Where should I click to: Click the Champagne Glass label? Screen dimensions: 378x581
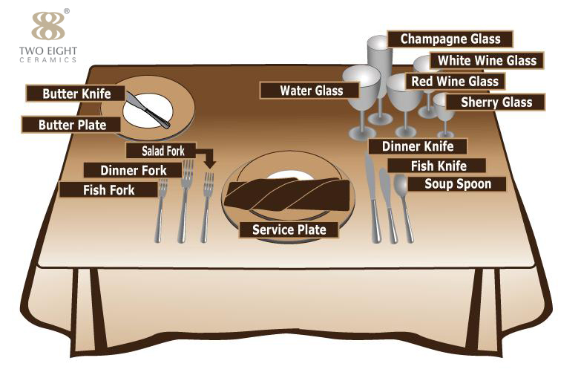pos(450,39)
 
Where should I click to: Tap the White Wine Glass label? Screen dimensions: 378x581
pos(488,60)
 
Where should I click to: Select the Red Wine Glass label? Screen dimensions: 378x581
pos(456,81)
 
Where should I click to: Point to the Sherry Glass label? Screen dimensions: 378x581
pos(496,102)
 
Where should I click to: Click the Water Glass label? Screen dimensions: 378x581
pos(311,91)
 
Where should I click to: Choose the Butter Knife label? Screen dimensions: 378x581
pos(76,94)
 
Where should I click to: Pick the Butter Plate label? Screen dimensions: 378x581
pos(72,125)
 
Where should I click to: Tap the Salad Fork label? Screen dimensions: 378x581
pos(163,151)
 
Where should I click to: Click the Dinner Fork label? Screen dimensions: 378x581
pos(133,170)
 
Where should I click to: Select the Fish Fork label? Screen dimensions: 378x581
pos(108,190)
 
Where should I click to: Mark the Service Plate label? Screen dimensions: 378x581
pos(289,229)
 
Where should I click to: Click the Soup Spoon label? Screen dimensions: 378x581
pos(457,183)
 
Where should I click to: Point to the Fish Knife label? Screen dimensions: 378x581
pos(438,166)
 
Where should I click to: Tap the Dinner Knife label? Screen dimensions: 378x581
pos(417,146)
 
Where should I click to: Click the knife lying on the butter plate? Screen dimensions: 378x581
pos(148,109)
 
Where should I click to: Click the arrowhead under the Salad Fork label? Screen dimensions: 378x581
pos(209,163)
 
